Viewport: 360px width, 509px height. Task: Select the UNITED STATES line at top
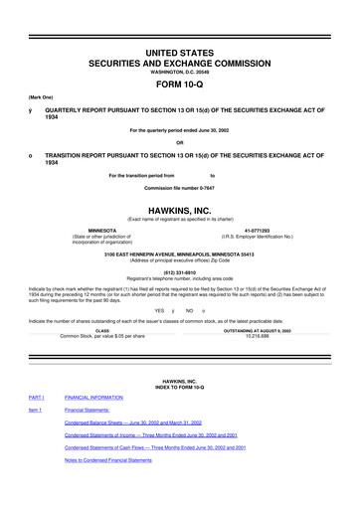[x=179, y=23]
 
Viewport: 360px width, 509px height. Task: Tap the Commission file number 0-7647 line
[x=179, y=188]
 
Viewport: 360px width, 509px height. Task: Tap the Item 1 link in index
[x=35, y=409]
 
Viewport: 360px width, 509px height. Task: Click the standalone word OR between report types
[x=179, y=139]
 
